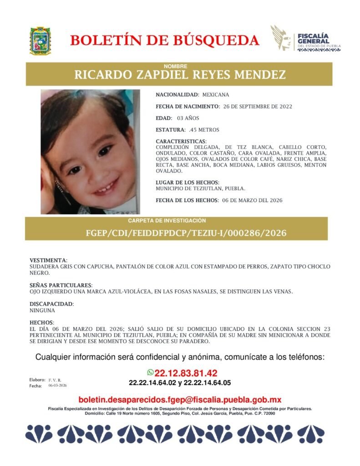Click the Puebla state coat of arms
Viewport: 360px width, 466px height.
(x=40, y=41)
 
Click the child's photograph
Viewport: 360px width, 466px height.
(x=90, y=152)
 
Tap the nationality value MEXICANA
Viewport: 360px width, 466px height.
(x=216, y=95)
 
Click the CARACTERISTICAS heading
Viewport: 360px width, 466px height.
(x=181, y=142)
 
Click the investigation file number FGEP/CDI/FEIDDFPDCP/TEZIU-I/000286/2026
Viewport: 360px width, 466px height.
(x=186, y=233)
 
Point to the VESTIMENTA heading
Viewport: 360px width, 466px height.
(x=48, y=260)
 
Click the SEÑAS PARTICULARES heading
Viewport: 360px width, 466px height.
(x=61, y=285)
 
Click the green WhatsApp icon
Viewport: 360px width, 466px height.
(x=150, y=372)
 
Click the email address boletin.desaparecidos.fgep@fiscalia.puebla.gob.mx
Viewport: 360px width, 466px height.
(x=180, y=400)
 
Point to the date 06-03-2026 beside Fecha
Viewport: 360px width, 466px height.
(x=58, y=385)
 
